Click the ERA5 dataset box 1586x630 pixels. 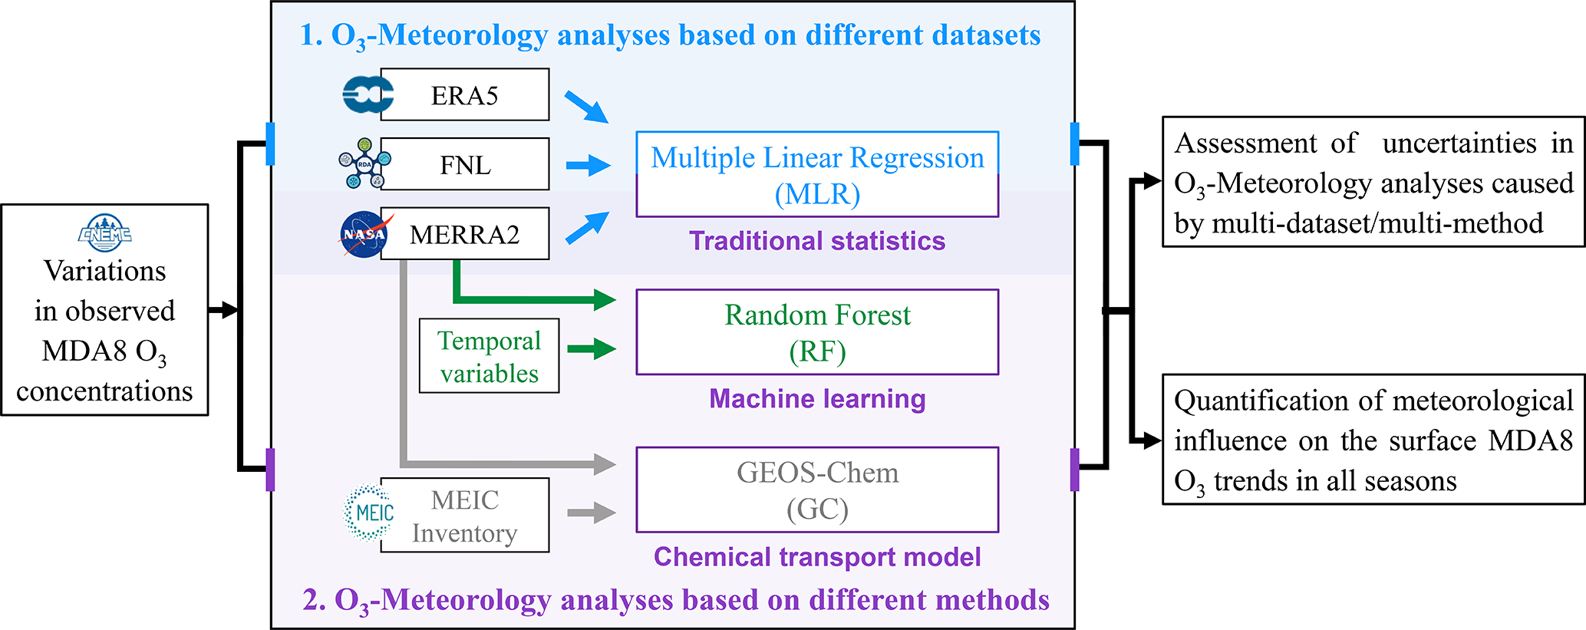point(464,94)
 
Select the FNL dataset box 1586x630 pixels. point(464,164)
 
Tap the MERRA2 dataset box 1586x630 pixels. point(464,233)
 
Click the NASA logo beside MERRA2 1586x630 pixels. point(364,234)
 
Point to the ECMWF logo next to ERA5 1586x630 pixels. point(366,95)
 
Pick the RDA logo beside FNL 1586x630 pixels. point(364,163)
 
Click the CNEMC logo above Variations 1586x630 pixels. point(104,231)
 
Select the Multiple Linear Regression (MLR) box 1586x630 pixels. point(817,174)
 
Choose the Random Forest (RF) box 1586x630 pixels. point(817,332)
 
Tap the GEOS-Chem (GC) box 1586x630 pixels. point(817,490)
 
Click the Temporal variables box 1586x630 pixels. point(489,356)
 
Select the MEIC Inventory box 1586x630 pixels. point(464,515)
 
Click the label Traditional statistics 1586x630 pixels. point(817,241)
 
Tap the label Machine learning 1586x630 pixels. point(817,399)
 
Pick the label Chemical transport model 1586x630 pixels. point(817,557)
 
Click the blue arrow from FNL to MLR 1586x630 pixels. point(588,165)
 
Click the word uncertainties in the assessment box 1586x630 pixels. point(1459,143)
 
